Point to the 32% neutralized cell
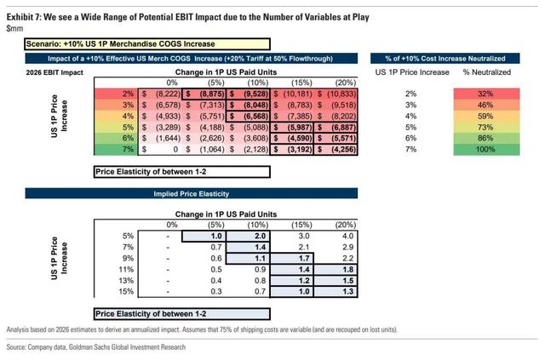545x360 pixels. (484, 94)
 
